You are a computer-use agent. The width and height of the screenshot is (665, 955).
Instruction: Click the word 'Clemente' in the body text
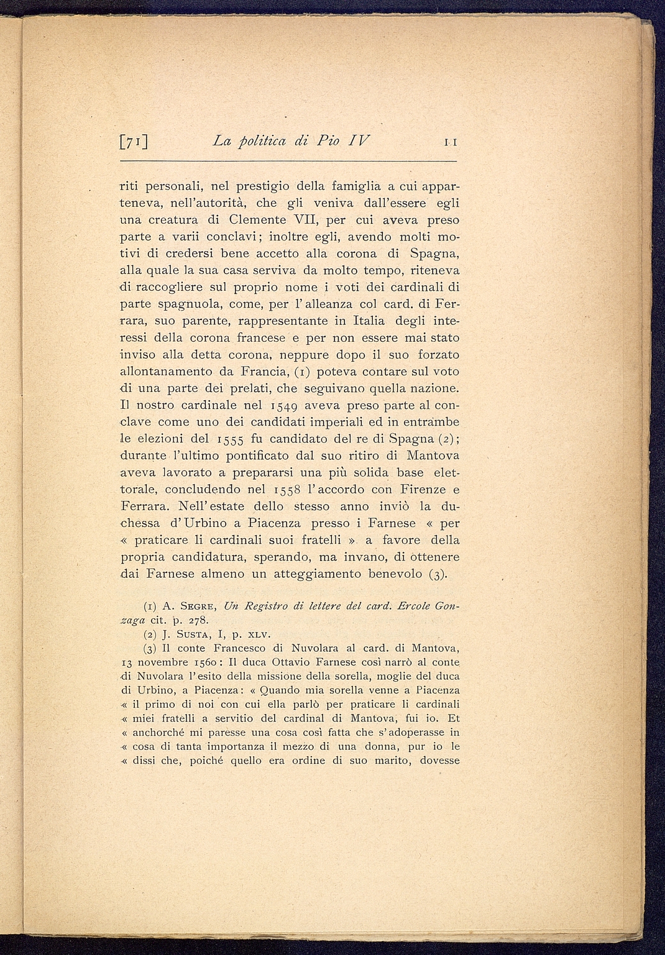pos(257,219)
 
